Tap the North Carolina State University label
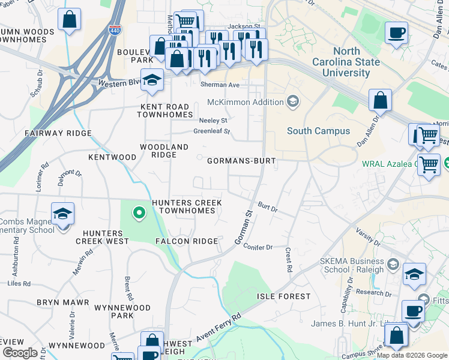(346, 62)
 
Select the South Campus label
(318, 131)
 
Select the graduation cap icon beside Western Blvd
(152, 80)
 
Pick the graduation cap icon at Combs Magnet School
(62, 214)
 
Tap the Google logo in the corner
(20, 353)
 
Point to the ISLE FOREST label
(284, 296)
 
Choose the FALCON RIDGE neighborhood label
(187, 241)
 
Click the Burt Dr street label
(268, 207)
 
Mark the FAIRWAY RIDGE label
(58, 133)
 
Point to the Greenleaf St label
(211, 131)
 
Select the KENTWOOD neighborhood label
(112, 157)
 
